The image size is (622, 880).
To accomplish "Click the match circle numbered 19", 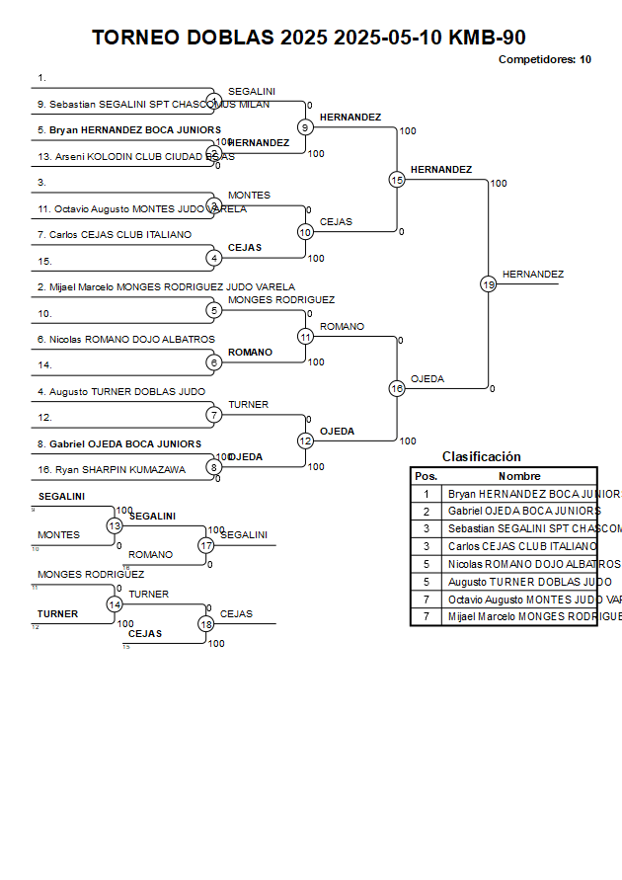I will point(488,284).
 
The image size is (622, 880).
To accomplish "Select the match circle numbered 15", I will point(397,180).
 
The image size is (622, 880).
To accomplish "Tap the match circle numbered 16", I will point(397,389).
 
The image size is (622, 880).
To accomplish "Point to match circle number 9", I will point(306,127).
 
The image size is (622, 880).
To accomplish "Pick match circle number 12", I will point(306,441).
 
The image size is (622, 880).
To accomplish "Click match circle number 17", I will point(206,545).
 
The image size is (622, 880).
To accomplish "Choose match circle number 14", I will point(115,604).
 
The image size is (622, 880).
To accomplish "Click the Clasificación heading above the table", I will point(481,457).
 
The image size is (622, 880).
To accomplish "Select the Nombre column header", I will point(519,476).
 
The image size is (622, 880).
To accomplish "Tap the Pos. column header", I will point(426,476).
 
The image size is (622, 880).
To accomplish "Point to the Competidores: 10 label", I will point(545,59).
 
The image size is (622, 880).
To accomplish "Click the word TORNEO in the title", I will point(133,38).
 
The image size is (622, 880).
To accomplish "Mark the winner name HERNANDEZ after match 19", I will point(533,275).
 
